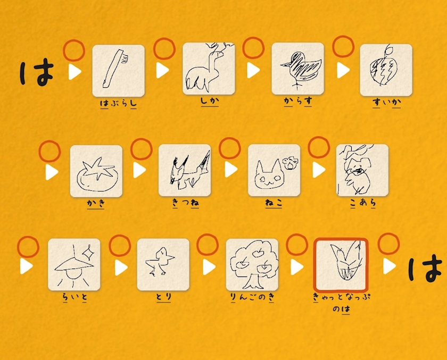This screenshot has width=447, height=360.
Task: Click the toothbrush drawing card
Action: click(x=118, y=71)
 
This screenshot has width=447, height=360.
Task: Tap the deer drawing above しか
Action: click(x=209, y=69)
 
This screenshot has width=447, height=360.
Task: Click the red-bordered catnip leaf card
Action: click(x=341, y=265)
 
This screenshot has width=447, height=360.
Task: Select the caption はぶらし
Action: click(x=118, y=103)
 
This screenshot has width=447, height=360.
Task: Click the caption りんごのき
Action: click(x=252, y=297)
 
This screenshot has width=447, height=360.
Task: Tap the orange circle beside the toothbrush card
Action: click(x=74, y=51)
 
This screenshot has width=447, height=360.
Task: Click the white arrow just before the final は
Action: click(x=389, y=266)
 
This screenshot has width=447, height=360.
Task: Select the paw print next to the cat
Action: click(x=290, y=163)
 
